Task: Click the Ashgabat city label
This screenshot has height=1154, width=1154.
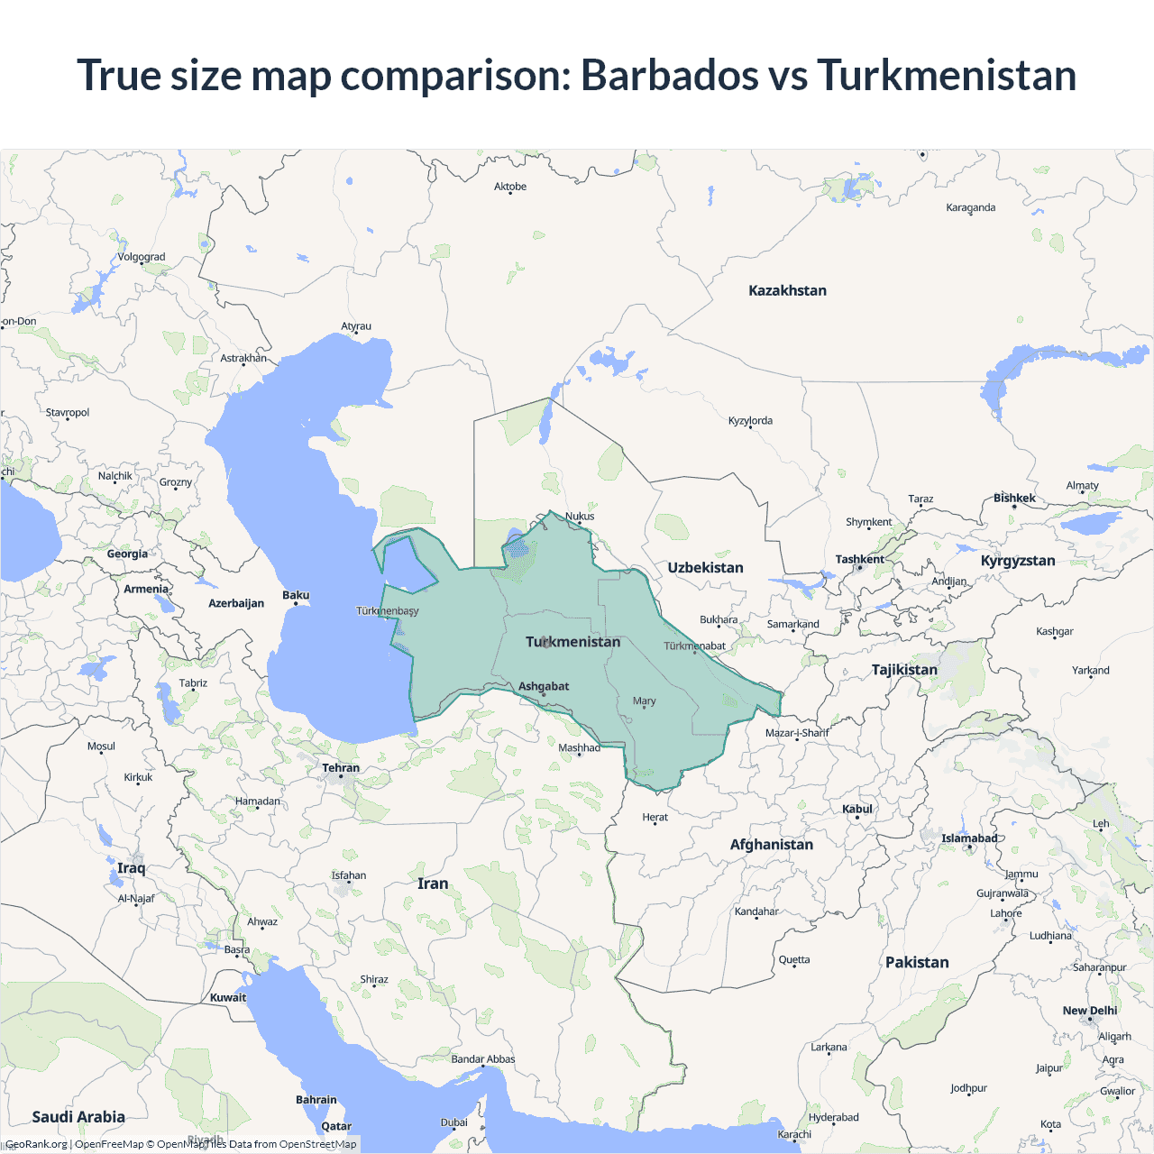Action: pos(544,686)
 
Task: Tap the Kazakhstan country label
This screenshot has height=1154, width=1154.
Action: pos(787,290)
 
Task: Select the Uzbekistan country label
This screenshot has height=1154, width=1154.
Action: pos(705,567)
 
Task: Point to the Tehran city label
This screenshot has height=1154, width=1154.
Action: pos(341,768)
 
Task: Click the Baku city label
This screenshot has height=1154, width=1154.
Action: pos(296,595)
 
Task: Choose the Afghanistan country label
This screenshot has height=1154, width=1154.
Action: pos(771,845)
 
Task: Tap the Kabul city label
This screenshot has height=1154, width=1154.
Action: pos(857,809)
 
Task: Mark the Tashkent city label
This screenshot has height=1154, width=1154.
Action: pos(859,559)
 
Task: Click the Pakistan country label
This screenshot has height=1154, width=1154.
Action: pos(917,962)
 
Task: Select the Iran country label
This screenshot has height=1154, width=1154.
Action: pos(433,884)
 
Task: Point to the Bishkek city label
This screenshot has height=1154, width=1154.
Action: pos(1014,498)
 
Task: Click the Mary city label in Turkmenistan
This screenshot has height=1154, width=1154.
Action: pos(644,701)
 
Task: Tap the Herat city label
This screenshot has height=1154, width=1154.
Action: pos(655,817)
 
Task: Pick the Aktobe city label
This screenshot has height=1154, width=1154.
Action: pos(510,187)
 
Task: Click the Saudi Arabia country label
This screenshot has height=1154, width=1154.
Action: pos(78,1117)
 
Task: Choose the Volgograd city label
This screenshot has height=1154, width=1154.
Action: pos(142,257)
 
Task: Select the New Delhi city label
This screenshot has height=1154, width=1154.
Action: pos(1089,1011)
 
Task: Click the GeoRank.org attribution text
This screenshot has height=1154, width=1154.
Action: pos(36,1144)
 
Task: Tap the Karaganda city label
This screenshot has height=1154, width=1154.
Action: pos(970,207)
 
